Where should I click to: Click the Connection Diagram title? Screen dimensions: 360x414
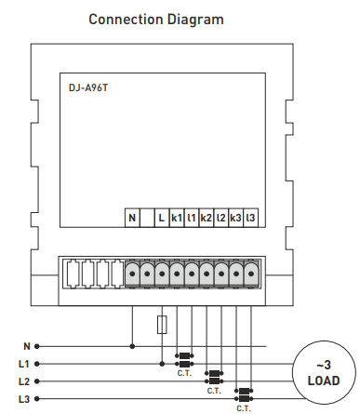pos(156,20)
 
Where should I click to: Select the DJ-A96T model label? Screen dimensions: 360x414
pos(88,88)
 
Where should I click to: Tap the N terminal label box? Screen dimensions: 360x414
pos(132,218)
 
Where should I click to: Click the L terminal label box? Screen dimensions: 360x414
pos(162,218)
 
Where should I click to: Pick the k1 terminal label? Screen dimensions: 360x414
pos(177,218)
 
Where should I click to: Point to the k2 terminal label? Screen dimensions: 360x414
pos(207,218)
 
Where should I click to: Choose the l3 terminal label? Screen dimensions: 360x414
pos(250,218)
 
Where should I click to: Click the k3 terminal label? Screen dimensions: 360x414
pos(235,218)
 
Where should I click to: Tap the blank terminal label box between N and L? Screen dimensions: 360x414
pos(147,218)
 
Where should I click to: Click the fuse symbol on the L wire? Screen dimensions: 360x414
pos(162,325)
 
